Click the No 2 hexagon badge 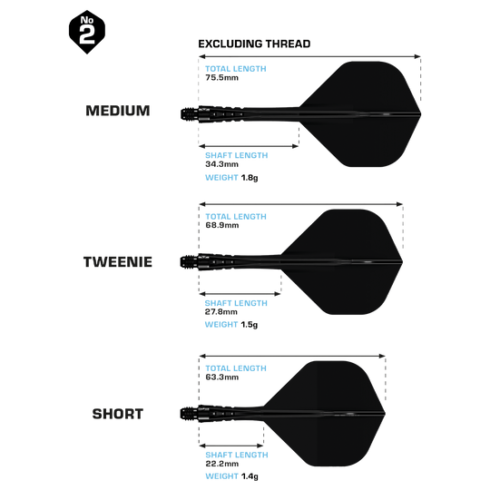pyautogui.click(x=87, y=32)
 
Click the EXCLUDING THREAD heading pyautogui.click(x=254, y=44)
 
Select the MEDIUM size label pyautogui.click(x=118, y=111)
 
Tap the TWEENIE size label pyautogui.click(x=118, y=262)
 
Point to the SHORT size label pyautogui.click(x=118, y=414)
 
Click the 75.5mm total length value pyautogui.click(x=222, y=77)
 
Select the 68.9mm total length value pyautogui.click(x=222, y=225)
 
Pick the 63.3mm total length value pyautogui.click(x=222, y=377)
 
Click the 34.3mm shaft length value pyautogui.click(x=222, y=164)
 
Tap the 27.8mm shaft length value pyautogui.click(x=221, y=312)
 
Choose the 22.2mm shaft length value pyautogui.click(x=222, y=464)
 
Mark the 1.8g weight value pyautogui.click(x=250, y=178)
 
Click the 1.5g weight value pyautogui.click(x=250, y=325)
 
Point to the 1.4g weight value pyautogui.click(x=250, y=476)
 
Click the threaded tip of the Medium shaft pyautogui.click(x=190, y=114)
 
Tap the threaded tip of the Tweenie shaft pyautogui.click(x=190, y=262)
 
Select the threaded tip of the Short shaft pyautogui.click(x=190, y=414)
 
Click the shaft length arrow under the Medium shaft pyautogui.click(x=249, y=146)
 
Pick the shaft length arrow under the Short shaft pyautogui.click(x=231, y=446)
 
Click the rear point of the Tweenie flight pyautogui.click(x=402, y=262)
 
